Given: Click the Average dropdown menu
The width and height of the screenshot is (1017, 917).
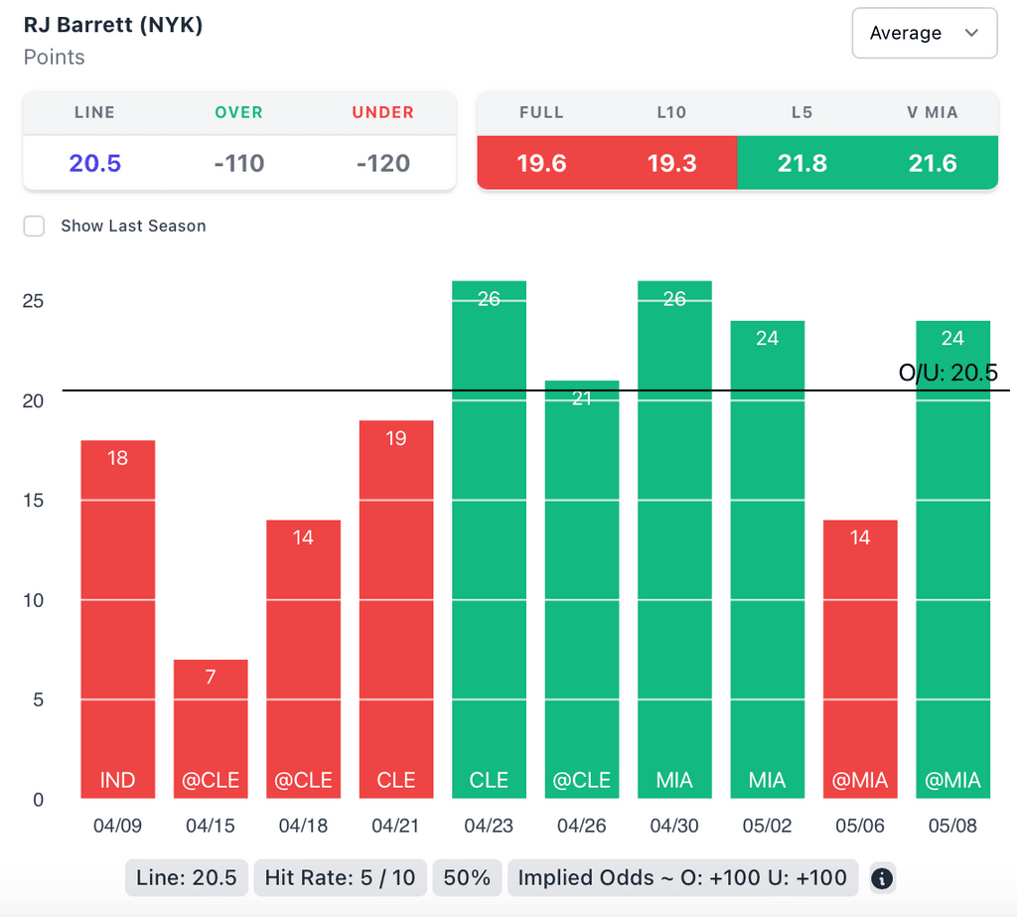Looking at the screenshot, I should pos(924,33).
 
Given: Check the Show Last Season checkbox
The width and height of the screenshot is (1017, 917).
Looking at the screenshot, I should pos(35,226).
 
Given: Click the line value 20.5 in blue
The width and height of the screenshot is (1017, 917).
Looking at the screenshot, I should pos(94,163).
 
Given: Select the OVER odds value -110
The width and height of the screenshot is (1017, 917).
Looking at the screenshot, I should pos(238,163).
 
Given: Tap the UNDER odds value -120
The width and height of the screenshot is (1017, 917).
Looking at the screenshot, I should pos(382,163).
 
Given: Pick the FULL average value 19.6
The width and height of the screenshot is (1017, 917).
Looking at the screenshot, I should pos(541,163).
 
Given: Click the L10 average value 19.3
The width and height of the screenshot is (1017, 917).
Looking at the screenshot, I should pos(671,163).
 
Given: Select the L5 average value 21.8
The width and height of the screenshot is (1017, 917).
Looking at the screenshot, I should pos(801,163).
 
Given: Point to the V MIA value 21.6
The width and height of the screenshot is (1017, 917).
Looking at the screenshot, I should pos(933,163).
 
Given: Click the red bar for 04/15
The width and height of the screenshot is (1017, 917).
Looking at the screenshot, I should pos(211,730).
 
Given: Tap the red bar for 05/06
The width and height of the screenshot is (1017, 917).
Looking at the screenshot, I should pos(860,661).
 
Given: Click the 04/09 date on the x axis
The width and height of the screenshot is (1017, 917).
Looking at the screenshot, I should pos(117,826).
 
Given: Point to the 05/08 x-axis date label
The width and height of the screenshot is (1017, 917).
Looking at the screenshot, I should pos(952,826).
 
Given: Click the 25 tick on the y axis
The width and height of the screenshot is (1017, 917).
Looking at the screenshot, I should pos(35,301).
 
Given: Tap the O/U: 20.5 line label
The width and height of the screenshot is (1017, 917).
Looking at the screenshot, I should pos(947,373).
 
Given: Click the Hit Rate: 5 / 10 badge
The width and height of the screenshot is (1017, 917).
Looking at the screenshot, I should pos(341,877).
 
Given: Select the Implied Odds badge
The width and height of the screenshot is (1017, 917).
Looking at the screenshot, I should pos(682,877).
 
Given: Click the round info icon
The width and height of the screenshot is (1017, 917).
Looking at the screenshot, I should pos(882,878).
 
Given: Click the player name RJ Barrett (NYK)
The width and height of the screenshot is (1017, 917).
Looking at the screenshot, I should pos(113,25).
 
